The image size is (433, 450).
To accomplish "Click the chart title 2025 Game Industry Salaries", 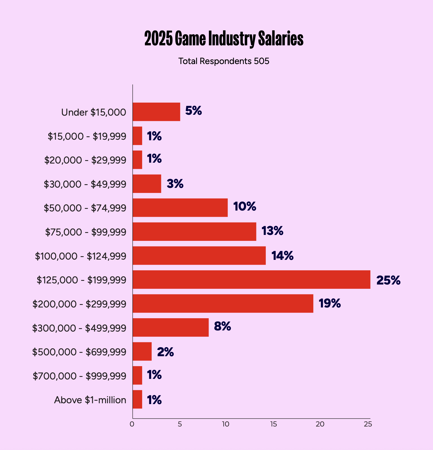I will [224, 39].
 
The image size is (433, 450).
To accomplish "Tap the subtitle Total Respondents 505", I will [224, 61].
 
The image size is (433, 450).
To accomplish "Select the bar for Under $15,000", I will [156, 112].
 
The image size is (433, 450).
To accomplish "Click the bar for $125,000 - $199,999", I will [251, 280].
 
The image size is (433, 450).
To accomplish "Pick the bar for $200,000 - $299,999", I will [223, 303].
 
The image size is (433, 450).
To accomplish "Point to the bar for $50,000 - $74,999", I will [180, 208].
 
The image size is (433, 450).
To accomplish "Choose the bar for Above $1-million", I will [137, 399].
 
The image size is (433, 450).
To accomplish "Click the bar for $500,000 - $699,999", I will [142, 351].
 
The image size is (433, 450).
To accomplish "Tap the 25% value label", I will [388, 280].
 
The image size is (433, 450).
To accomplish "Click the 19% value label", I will [330, 303].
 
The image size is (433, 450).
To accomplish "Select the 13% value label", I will [272, 231].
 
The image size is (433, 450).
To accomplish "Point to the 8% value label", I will [222, 326].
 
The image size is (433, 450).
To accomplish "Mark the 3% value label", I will [175, 184].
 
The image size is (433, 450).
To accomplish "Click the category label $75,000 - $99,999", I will [86, 232].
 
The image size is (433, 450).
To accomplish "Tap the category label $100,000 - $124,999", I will [81, 256].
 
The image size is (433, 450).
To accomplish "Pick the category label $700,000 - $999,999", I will [80, 376].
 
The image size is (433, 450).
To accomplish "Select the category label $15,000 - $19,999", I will [87, 136].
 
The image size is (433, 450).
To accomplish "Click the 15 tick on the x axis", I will [273, 424].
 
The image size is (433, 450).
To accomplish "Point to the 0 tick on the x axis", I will [132, 424].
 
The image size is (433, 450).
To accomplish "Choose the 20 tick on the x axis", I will [320, 424].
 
